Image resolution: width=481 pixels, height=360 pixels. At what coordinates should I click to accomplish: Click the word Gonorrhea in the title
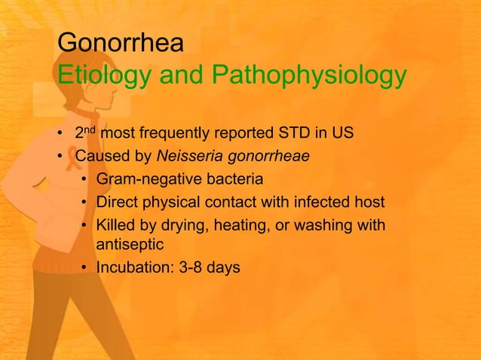121,43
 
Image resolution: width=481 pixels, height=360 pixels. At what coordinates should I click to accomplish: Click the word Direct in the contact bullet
116,203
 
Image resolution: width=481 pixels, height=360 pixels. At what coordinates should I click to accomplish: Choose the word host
369,203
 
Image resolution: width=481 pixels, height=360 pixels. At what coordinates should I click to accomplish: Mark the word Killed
116,225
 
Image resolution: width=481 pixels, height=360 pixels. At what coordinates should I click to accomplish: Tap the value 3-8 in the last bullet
194,267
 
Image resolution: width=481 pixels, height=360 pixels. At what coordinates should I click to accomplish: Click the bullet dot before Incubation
85,267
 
